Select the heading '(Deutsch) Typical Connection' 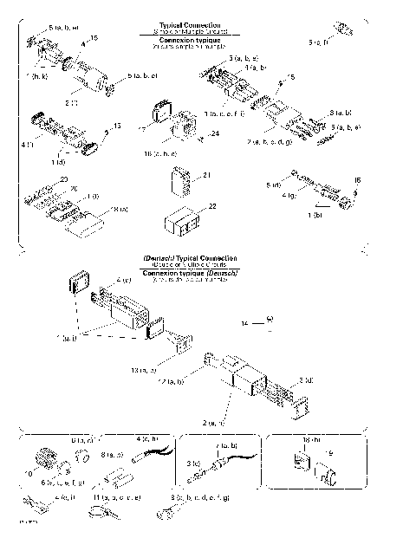[x=189, y=260]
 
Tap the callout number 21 [x=206, y=176]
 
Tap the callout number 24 [x=214, y=133]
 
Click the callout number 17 [x=142, y=129]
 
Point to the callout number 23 [x=62, y=178]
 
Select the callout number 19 [x=327, y=452]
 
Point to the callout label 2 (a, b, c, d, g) [x=276, y=141]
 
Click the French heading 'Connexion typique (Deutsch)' [x=189, y=272]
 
